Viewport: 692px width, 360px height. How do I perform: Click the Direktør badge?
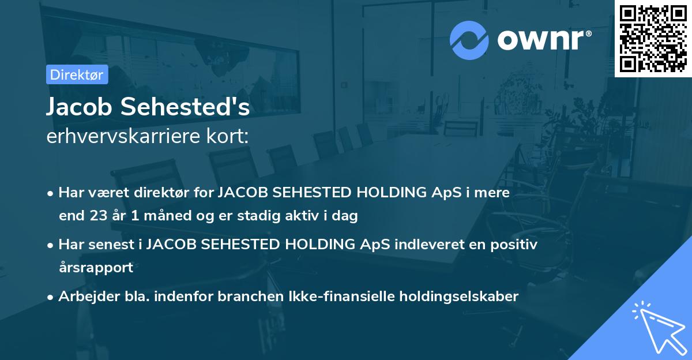coord(77,74)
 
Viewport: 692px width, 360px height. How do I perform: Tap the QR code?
coord(653,39)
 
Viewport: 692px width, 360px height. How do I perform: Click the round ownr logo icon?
coord(469,40)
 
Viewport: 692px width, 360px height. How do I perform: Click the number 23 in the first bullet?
coord(99,216)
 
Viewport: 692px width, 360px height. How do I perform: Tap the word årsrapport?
coord(96,267)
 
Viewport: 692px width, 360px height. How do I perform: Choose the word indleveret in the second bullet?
coord(434,245)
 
